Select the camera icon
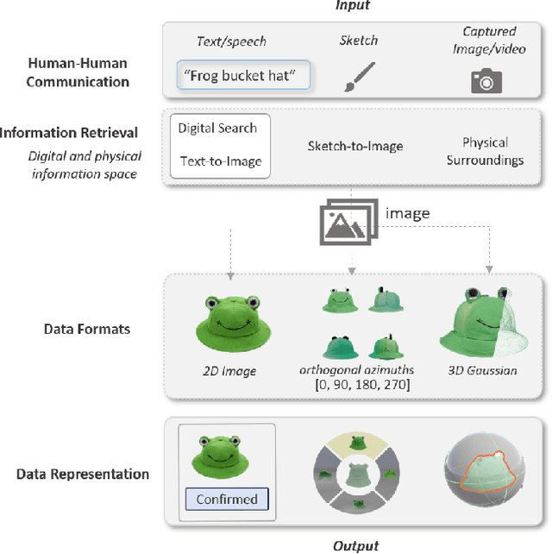pyautogui.click(x=486, y=80)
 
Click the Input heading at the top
pyautogui.click(x=353, y=6)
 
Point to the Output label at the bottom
pyautogui.click(x=355, y=545)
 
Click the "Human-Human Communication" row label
pyautogui.click(x=78, y=73)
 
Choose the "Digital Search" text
pyautogui.click(x=217, y=128)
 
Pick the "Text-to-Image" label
pyautogui.click(x=220, y=161)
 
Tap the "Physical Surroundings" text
pyautogui.click(x=485, y=151)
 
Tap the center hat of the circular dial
pyautogui.click(x=355, y=477)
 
